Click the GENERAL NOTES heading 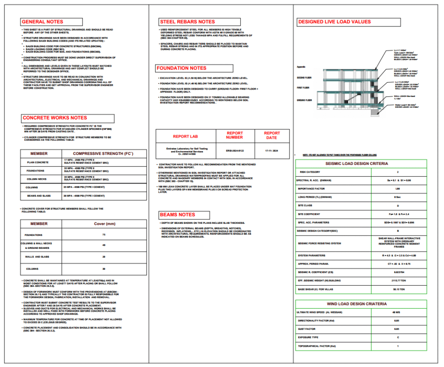click(42, 22)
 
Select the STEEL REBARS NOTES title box click(187, 22)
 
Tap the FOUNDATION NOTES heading click(182, 68)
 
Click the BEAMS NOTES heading click(177, 215)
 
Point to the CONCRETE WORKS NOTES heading click(55, 118)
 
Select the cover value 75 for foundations click(104, 235)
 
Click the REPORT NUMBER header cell click(235, 135)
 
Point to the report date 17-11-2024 click(272, 151)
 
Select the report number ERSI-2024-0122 click(235, 151)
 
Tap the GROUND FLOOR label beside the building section click(304, 100)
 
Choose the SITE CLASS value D click(398, 205)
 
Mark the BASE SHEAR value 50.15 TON click(398, 288)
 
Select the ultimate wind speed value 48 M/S click(398, 312)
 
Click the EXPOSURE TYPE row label click(308, 337)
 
